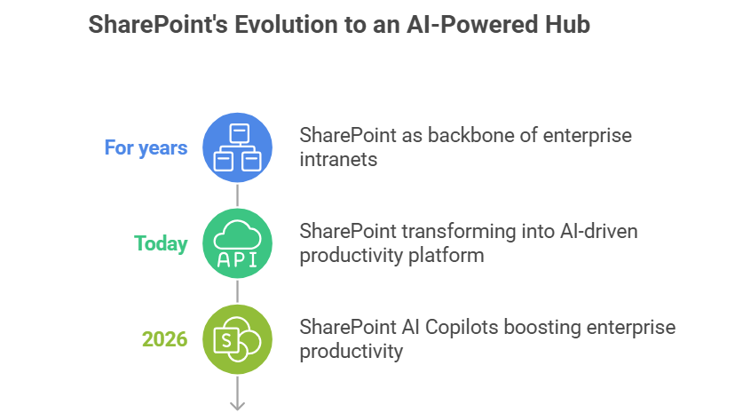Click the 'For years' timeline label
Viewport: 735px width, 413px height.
(146, 147)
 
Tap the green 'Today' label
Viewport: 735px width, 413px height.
(161, 242)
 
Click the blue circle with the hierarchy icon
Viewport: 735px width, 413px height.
(237, 147)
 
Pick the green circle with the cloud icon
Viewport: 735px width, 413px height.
(237, 242)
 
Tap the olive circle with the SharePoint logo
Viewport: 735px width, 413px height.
(237, 338)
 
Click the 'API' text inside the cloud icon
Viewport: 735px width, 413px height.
(237, 258)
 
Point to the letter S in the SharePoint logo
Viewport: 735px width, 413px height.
(227, 339)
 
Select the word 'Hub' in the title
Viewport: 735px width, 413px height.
(568, 26)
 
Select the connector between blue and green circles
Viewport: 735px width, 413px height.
(237, 195)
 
